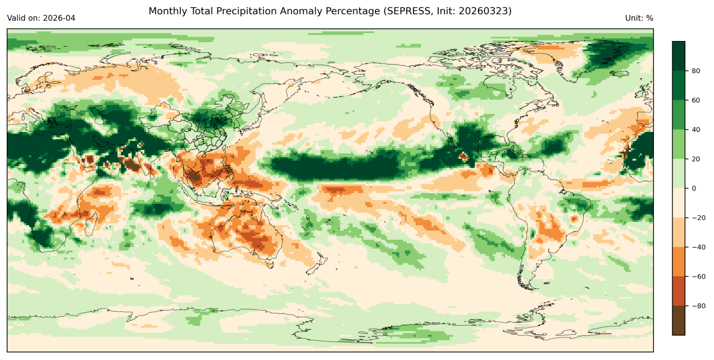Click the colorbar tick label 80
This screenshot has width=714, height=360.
695,71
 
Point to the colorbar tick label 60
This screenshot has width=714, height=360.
695,100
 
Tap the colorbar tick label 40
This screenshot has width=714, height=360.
695,130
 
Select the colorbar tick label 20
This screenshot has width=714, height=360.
695,159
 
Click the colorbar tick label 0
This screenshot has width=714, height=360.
693,188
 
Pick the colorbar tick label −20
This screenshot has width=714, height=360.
697,218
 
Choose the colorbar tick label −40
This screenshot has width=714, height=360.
697,247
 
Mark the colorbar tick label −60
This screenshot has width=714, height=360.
697,276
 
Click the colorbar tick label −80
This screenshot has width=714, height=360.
697,306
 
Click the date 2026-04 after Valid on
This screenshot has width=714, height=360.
59,18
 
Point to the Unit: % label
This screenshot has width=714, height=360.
639,18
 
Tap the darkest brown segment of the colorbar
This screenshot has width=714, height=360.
679,320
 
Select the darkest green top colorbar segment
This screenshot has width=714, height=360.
679,56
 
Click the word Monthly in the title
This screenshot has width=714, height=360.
167,11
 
